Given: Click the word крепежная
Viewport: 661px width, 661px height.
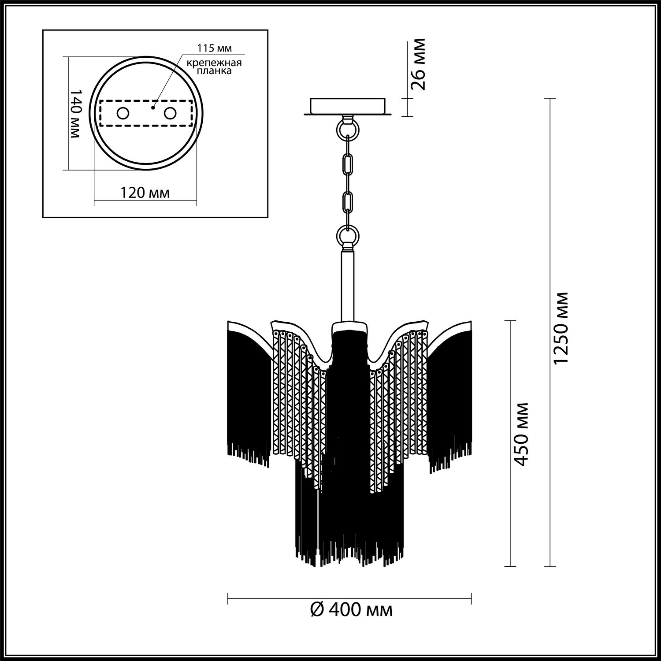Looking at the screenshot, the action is click(214, 63).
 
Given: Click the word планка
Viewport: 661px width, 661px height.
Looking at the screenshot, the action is click(215, 71).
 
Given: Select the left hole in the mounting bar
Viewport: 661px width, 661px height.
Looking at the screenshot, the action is click(123, 113).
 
